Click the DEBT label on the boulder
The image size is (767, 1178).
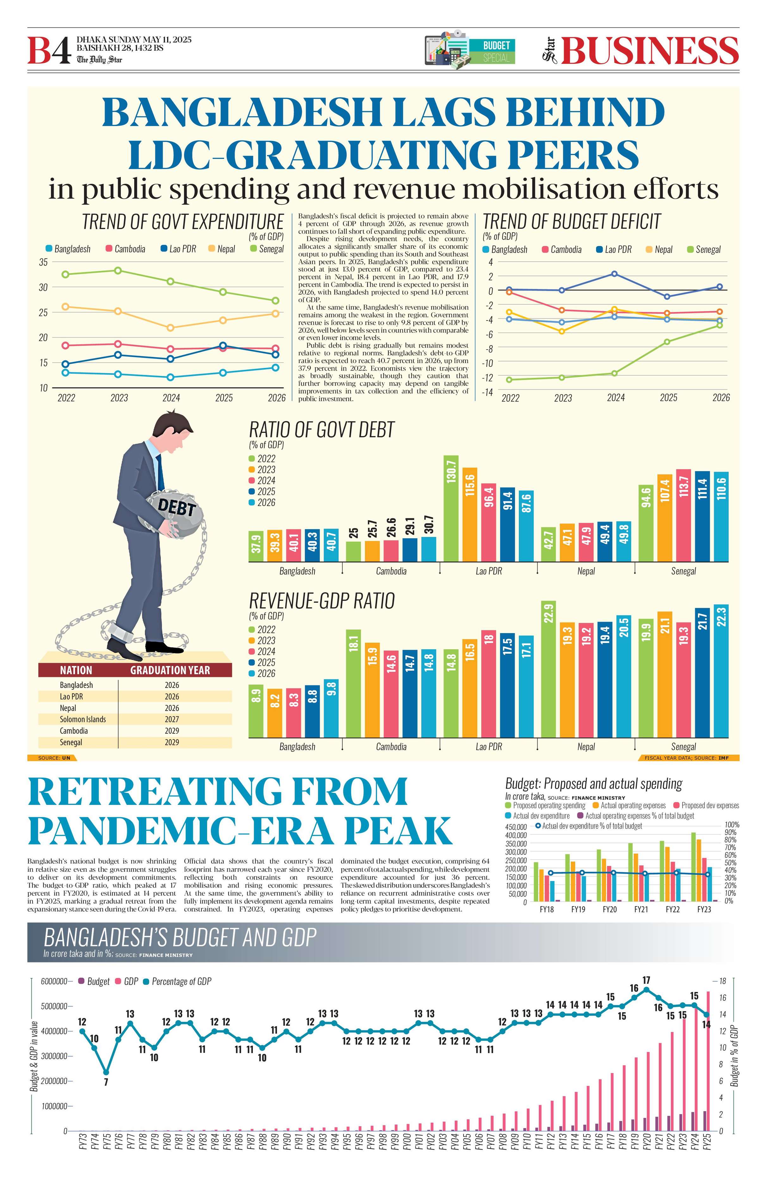177,507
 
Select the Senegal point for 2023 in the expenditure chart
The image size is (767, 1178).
118,270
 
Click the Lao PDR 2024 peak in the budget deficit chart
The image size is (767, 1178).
614,274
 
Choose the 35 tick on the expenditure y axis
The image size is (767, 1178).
44,262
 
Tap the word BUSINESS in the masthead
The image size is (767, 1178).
649,51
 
